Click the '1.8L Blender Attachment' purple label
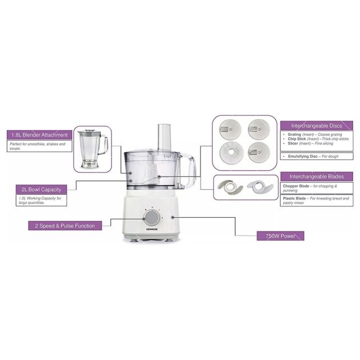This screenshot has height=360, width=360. pyautogui.click(x=39, y=135)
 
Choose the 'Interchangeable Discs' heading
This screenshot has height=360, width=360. pyautogui.click(x=315, y=125)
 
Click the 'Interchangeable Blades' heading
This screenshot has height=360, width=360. pyautogui.click(x=315, y=177)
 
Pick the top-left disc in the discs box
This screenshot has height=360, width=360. pyautogui.click(x=227, y=127)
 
